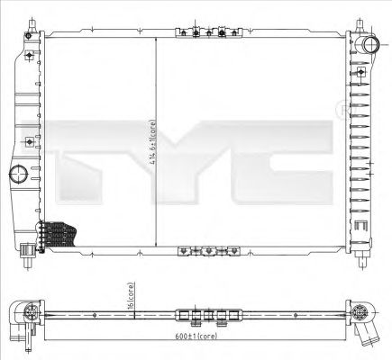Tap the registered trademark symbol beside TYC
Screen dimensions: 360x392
pyautogui.click(x=342, y=109)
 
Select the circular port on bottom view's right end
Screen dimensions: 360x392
pyautogui.click(x=360, y=314)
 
